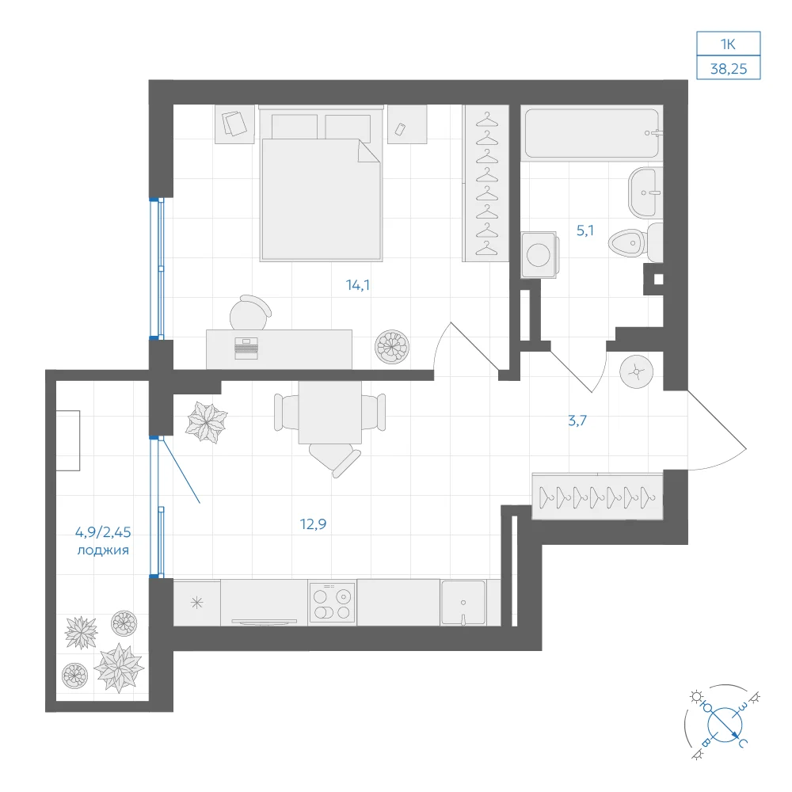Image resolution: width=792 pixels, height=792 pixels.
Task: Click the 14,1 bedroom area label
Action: [358, 285]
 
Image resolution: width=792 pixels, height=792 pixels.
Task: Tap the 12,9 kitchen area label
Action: [313, 524]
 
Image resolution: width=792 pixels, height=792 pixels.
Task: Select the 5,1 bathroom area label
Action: [585, 230]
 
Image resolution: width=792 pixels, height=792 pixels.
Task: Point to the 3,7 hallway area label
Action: [577, 421]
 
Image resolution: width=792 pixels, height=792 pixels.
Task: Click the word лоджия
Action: [103, 550]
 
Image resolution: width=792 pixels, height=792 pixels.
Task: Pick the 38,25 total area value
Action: [729, 69]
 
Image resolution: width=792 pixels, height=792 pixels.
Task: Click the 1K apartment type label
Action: [728, 44]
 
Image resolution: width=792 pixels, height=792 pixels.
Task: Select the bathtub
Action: [592, 133]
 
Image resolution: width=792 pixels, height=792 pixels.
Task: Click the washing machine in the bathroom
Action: [539, 254]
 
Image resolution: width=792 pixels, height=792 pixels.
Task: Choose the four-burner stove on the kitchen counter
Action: [332, 602]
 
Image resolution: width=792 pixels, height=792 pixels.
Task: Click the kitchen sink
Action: [463, 603]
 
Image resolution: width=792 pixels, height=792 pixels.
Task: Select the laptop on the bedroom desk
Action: [246, 348]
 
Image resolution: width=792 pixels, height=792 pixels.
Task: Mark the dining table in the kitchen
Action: [329, 412]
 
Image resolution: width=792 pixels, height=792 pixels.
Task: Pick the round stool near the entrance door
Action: [637, 372]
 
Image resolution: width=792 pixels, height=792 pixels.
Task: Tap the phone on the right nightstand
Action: [400, 129]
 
